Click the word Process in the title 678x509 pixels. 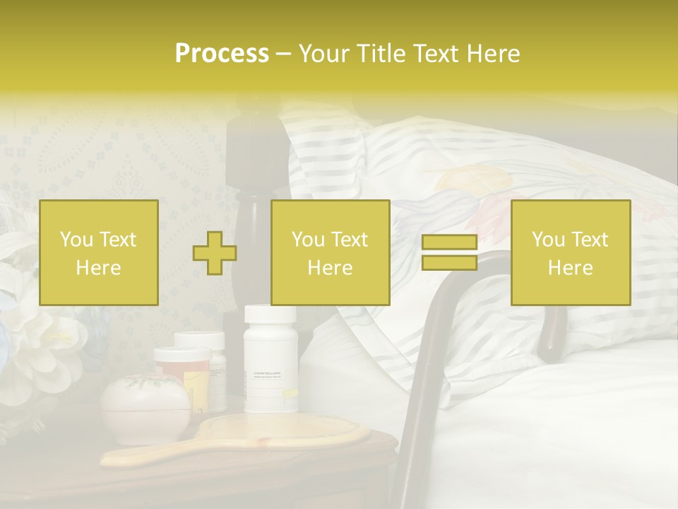pyautogui.click(x=222, y=54)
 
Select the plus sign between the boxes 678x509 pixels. pyautogui.click(x=215, y=253)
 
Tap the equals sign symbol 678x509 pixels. pyautogui.click(x=449, y=252)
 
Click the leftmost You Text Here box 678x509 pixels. pyautogui.click(x=99, y=253)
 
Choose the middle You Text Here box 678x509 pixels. pyautogui.click(x=330, y=253)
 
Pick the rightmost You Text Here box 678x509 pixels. pyautogui.click(x=571, y=253)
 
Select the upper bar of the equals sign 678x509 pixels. pyautogui.click(x=449, y=242)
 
